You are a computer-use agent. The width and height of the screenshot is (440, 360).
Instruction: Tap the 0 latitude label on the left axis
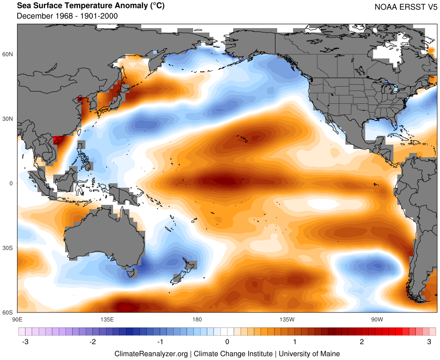[12, 183]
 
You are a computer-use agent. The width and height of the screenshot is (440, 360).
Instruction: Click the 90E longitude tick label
[17, 319]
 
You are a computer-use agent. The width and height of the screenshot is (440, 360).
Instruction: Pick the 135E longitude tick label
[107, 319]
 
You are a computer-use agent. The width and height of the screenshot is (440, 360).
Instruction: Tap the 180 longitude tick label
[197, 319]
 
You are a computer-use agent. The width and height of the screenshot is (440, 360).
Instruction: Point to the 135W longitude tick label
[286, 319]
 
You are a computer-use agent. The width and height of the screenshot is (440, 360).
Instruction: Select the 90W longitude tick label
[377, 319]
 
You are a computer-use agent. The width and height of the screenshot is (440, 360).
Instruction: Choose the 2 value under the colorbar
[362, 342]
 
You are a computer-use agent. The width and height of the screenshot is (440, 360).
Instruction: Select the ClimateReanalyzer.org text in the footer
[151, 353]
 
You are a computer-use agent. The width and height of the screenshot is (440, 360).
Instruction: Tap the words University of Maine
[309, 353]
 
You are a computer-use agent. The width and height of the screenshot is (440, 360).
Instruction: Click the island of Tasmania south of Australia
[131, 273]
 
